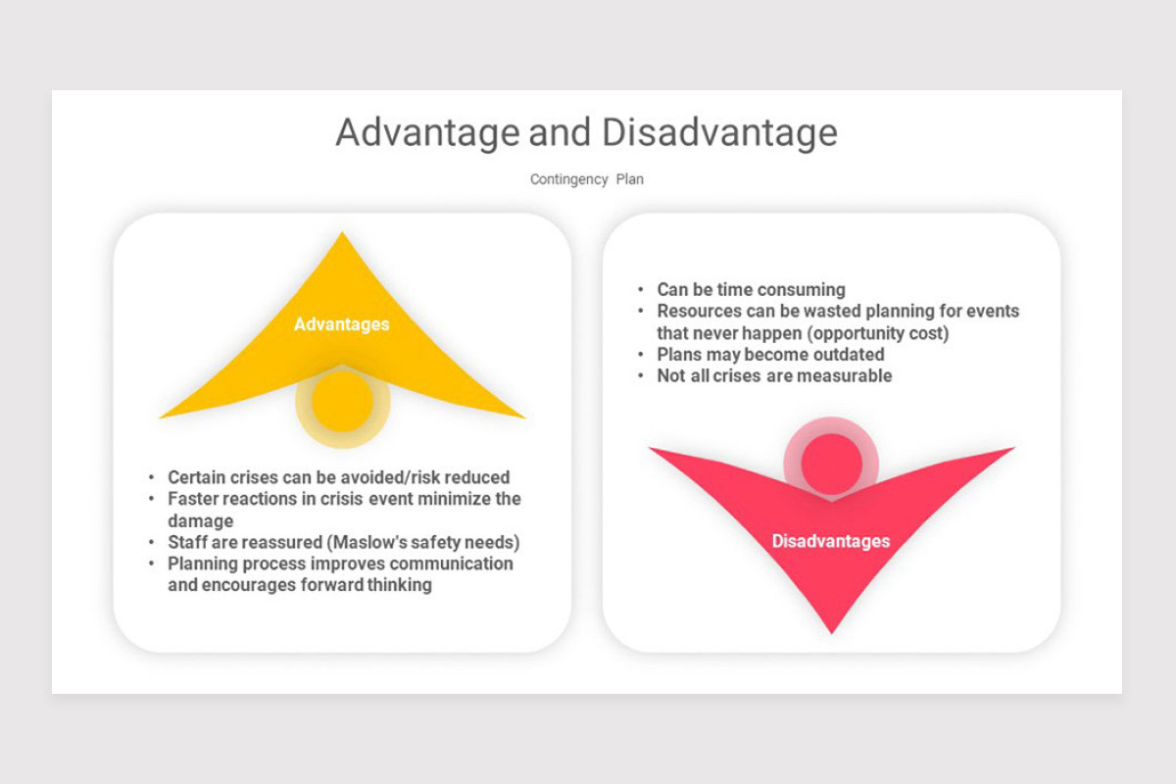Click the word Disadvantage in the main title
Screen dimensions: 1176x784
719,133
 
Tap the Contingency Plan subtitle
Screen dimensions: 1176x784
586,179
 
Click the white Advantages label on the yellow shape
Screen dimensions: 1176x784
342,324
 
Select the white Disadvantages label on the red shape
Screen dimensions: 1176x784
831,541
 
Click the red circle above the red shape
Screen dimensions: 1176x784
832,464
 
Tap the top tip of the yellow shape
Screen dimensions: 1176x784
342,232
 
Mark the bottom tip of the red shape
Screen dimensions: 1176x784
832,634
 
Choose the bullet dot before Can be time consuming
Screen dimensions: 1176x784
641,289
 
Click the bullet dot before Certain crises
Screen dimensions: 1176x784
151,477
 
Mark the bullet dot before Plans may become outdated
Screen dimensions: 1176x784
641,355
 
